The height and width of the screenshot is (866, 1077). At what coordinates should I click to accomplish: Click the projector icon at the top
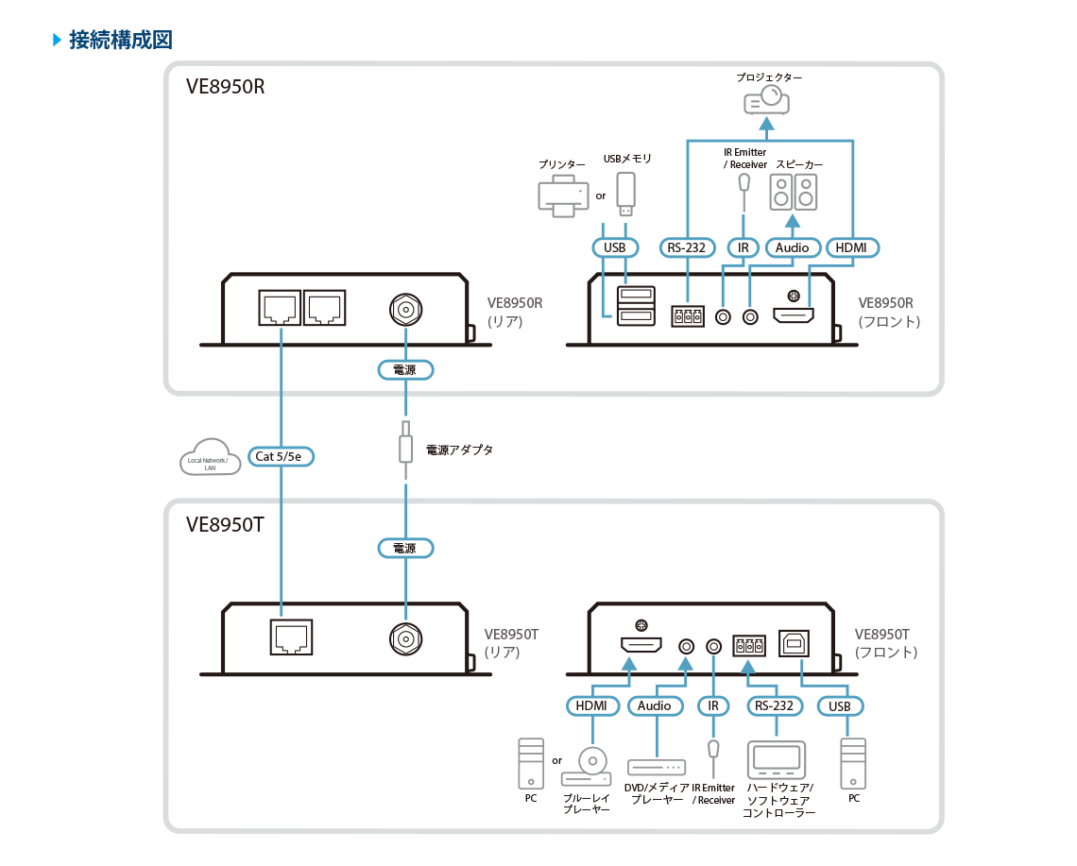coord(766,98)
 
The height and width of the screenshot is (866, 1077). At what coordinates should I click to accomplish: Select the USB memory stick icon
coord(624,192)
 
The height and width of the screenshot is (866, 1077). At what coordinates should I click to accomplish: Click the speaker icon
coord(794,192)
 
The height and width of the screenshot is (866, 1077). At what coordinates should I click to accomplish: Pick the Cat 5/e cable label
coord(282,456)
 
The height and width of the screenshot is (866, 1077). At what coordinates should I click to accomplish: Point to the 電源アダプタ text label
coord(459,450)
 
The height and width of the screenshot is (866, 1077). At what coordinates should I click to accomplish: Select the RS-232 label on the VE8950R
coord(687,247)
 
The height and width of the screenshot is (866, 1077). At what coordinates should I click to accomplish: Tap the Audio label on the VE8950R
coord(792,247)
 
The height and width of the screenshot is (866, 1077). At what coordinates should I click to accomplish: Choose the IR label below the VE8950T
coord(713,705)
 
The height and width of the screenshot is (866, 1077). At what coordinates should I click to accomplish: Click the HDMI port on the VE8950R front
coord(795,314)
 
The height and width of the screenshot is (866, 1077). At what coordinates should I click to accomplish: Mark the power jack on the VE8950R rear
coord(405,309)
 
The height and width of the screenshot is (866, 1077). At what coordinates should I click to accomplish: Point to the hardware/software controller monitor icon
coord(777,760)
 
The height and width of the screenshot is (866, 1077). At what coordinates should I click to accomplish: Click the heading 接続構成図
coord(120,41)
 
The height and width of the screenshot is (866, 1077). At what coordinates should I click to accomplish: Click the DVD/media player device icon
coord(656,767)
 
